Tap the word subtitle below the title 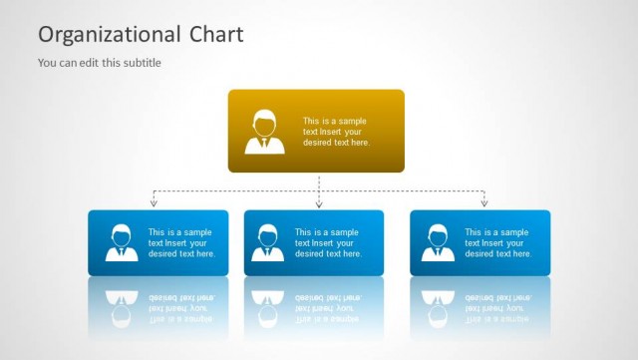140,63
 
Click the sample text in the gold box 336,132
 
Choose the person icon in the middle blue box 267,242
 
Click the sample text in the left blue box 181,242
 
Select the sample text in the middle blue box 327,242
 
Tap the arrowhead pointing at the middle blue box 319,204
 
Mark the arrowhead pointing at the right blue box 484,204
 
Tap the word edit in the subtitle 88,63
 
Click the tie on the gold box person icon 265,143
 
